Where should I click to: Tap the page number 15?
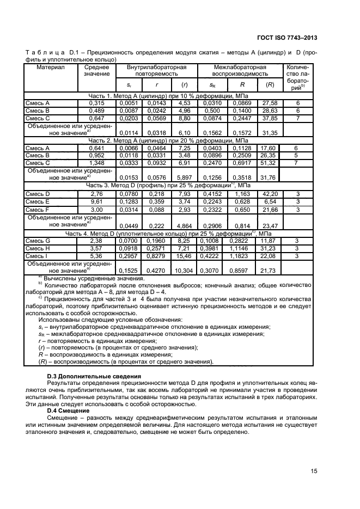point(315,470)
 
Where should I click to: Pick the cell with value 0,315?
point(96,103)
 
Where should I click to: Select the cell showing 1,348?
point(96,163)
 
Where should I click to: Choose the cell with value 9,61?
point(96,201)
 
